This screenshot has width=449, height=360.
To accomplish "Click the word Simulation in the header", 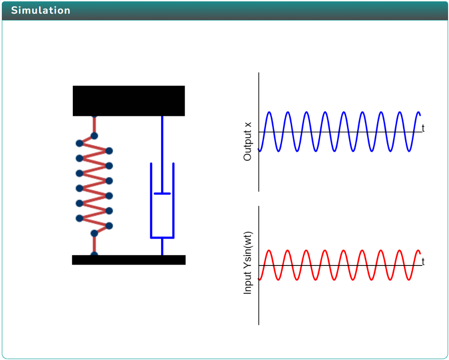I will coord(40,10).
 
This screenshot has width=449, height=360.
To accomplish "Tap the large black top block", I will coord(129,100).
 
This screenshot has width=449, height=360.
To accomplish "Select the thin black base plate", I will coord(129,260).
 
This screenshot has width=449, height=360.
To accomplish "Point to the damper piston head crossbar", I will coord(162,194).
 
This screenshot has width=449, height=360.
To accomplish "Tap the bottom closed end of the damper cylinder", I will coord(162,237).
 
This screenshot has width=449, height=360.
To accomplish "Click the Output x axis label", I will coord(247,141).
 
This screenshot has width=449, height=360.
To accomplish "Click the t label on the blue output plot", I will coord(423,128).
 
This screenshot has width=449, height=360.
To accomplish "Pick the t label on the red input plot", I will coord(423,262).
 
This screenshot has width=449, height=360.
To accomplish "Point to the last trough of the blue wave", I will coord(409,151).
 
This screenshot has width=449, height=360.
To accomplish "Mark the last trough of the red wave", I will coord(409,280).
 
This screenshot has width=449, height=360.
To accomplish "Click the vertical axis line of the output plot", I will coord(259,173).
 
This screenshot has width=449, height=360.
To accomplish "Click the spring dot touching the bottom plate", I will coord(94,254).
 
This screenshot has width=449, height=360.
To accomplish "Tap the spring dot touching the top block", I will coord(94,116).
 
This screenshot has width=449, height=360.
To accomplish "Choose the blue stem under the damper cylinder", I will coord(162,246).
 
